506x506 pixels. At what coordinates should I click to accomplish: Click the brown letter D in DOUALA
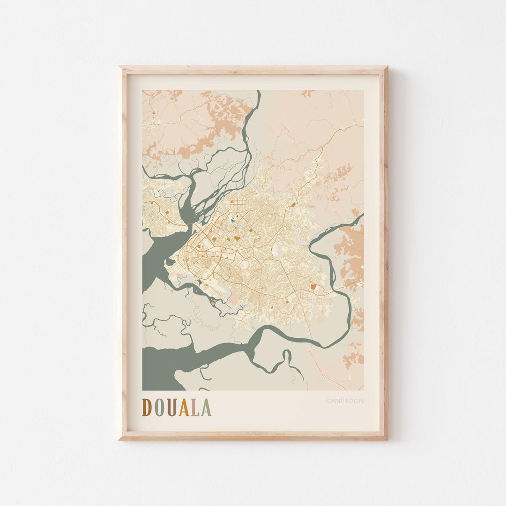147,408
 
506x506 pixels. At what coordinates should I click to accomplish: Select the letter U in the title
172,408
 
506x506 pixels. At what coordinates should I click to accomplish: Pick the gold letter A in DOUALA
184,408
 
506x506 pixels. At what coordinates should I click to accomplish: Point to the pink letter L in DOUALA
195,408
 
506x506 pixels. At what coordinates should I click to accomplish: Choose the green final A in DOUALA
206,408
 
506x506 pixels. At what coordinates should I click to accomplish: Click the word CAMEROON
345,401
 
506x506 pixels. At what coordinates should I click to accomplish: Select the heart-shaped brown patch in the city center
237,238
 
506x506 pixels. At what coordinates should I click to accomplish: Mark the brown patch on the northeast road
293,204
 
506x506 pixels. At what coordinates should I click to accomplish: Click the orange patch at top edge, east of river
308,93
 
